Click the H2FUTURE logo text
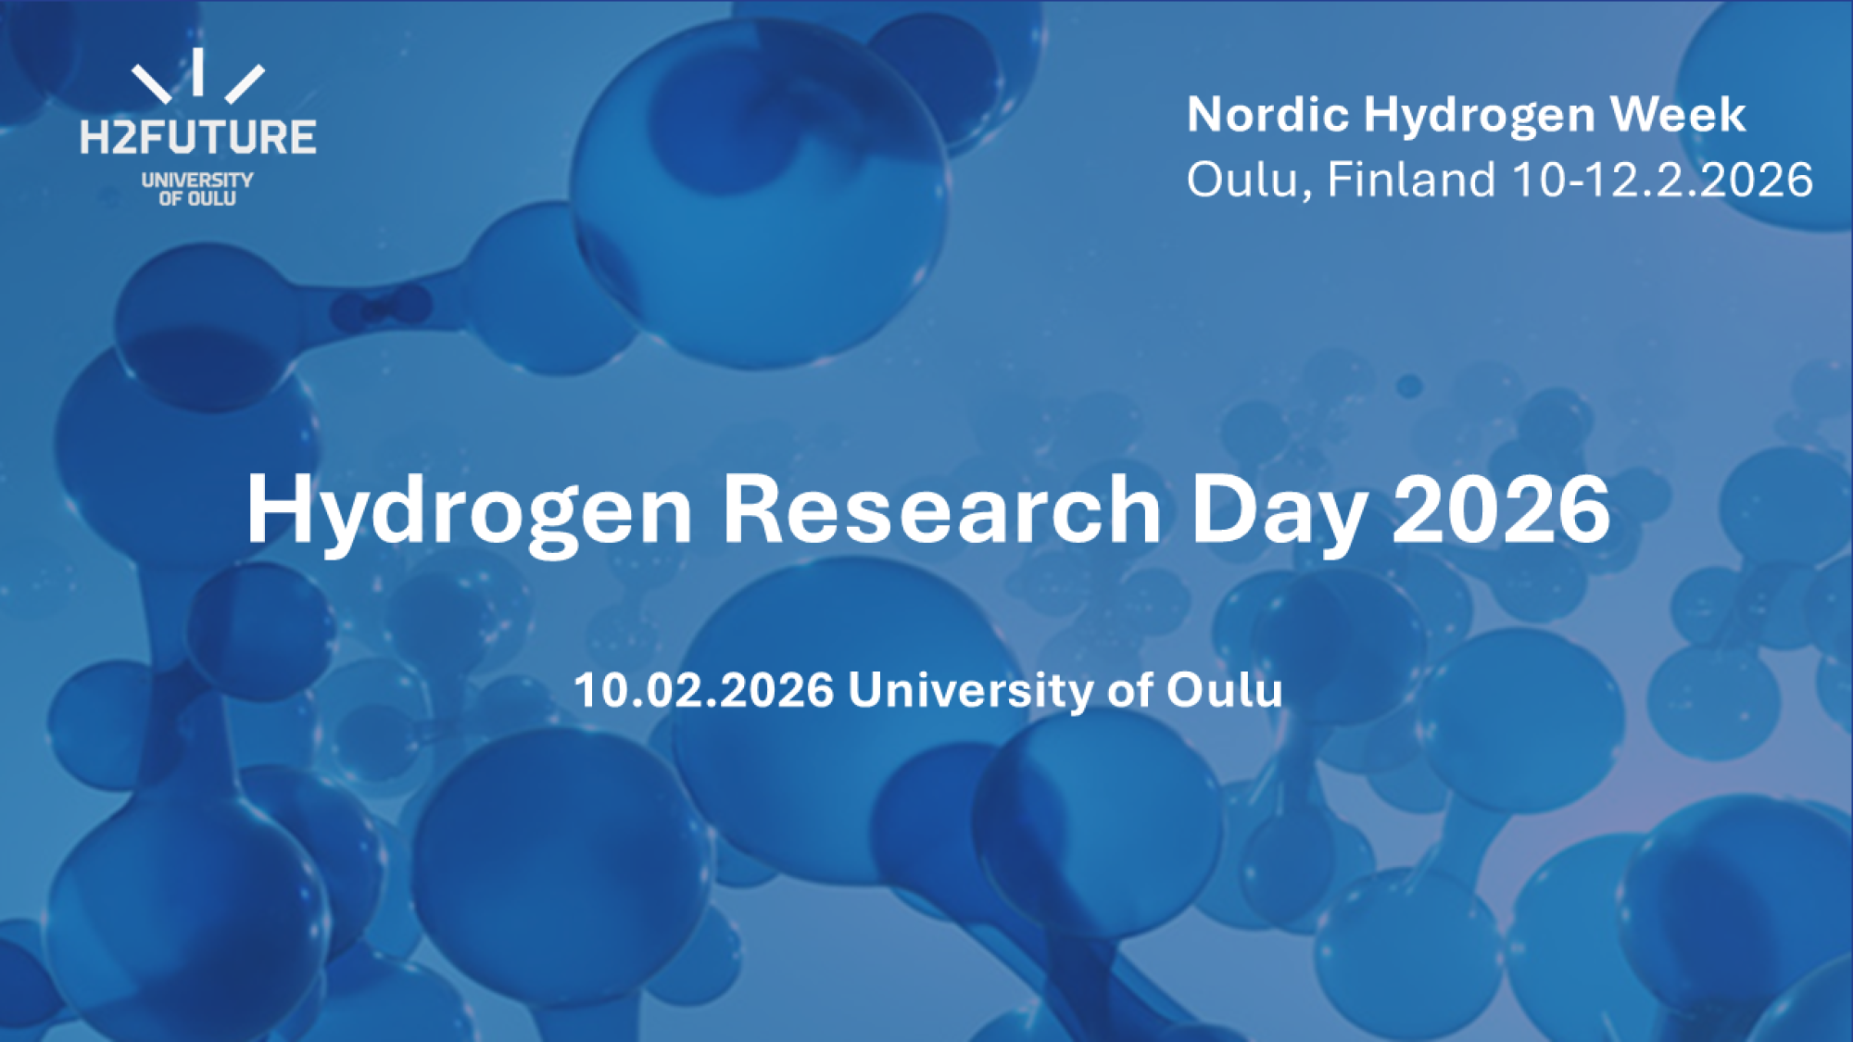(197, 137)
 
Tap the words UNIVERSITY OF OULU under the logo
(196, 189)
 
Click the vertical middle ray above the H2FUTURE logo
(198, 71)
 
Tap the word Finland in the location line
(1411, 179)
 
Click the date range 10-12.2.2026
(1662, 179)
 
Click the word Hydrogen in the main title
(468, 510)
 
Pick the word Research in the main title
(941, 508)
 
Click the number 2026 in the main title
(1501, 508)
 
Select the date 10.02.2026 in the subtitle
(704, 690)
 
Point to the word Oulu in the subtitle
(1224, 690)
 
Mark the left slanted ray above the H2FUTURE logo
(151, 84)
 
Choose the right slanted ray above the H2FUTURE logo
(245, 83)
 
